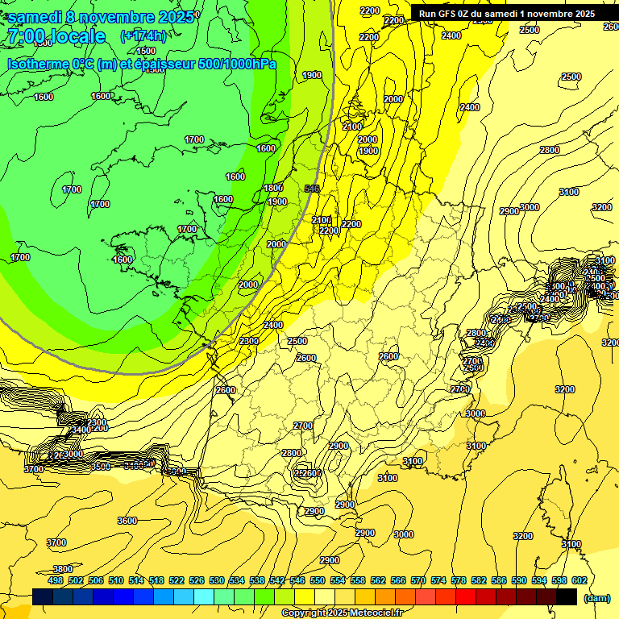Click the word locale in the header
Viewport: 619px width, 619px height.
[77, 36]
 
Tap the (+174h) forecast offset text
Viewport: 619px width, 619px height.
[143, 35]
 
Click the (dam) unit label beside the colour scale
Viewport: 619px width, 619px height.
[596, 598]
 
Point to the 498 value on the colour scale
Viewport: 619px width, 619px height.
[56, 580]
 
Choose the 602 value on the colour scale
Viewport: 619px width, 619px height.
[580, 580]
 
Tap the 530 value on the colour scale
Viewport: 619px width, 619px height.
[217, 580]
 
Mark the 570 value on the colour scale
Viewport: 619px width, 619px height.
[418, 580]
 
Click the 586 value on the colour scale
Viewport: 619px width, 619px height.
[499, 580]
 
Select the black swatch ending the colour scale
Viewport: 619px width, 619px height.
[567, 597]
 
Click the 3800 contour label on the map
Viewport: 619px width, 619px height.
[63, 569]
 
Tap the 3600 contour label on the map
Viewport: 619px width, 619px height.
[127, 521]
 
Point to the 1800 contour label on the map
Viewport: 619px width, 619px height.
[273, 188]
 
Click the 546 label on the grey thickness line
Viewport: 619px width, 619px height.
[313, 189]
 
